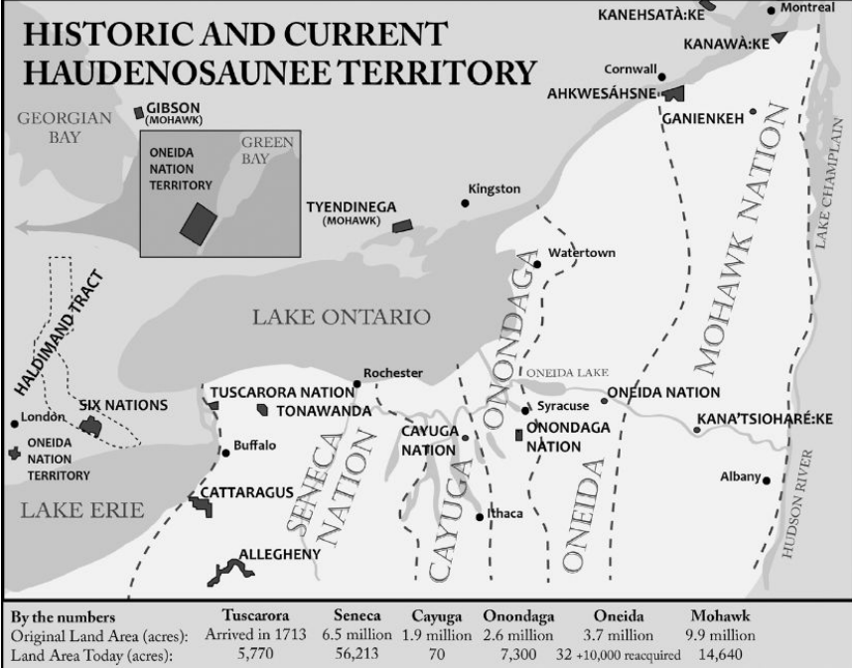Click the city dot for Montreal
[x=773, y=10]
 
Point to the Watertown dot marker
[x=537, y=264]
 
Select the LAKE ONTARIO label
[x=341, y=318]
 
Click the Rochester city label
[x=393, y=373]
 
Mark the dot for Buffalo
[x=226, y=453]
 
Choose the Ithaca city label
[x=504, y=513]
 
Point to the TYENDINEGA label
[x=351, y=207]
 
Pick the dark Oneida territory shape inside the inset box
[x=199, y=220]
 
